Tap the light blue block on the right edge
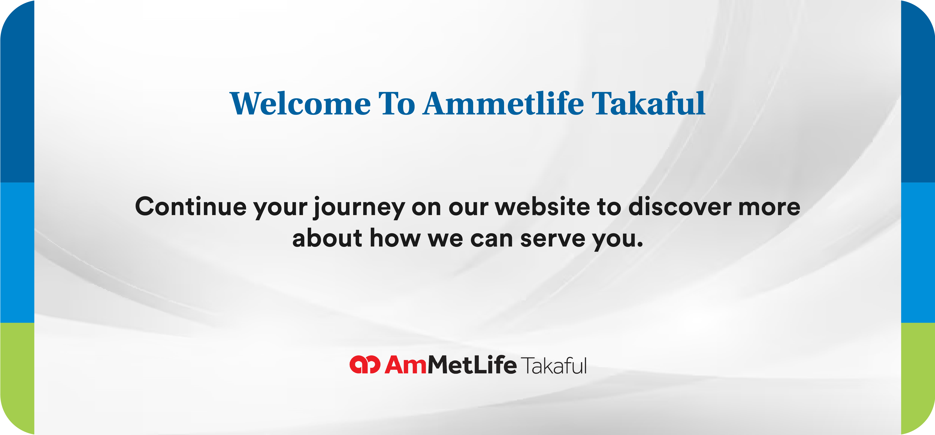click(918, 252)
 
